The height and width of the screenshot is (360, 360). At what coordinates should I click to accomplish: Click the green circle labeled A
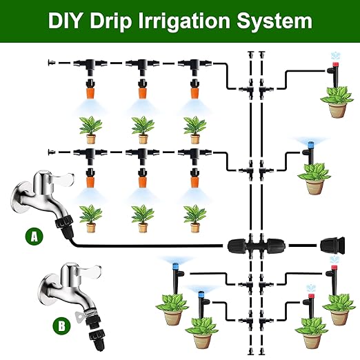32,237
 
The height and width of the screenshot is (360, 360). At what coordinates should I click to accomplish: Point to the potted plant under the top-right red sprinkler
335,103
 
